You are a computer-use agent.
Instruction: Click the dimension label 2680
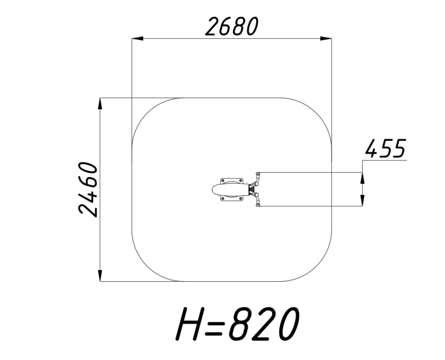click(x=232, y=27)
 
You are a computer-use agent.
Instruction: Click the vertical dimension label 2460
click(x=88, y=190)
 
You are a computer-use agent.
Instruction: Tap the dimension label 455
click(x=386, y=148)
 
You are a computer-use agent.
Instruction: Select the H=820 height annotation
click(x=237, y=323)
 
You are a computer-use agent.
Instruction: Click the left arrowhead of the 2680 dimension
click(x=138, y=38)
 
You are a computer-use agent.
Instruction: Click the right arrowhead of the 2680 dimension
click(x=326, y=38)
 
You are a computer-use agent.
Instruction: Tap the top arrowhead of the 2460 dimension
click(x=100, y=104)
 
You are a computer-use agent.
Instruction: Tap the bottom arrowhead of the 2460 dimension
click(x=100, y=276)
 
